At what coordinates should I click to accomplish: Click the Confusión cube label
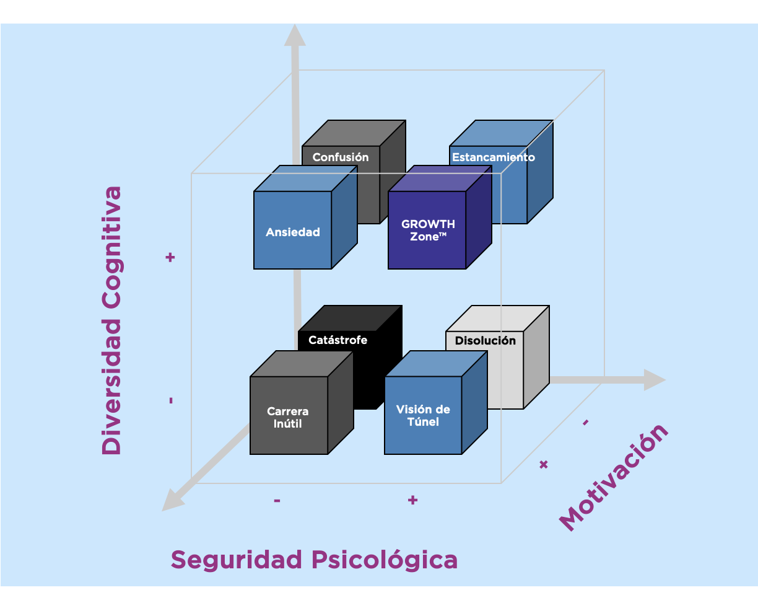341,157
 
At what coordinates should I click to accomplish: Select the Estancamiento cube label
493,157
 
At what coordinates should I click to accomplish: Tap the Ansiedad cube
293,232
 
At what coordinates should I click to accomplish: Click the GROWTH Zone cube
427,230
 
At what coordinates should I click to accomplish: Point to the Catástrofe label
338,340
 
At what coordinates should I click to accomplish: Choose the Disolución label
485,340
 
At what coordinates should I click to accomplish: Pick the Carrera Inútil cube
288,417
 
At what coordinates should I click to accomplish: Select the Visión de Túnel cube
423,415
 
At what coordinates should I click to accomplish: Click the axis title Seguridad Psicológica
314,560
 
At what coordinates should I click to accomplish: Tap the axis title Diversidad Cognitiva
112,320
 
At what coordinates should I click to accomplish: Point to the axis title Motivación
614,478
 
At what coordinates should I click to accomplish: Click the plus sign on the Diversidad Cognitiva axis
170,257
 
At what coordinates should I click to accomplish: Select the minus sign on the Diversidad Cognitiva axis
170,401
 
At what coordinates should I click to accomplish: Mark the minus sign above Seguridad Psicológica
277,500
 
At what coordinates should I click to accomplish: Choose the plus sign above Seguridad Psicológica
412,500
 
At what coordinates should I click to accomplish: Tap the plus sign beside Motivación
544,464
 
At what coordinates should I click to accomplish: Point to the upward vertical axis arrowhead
295,35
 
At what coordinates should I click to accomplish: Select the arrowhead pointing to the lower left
172,500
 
